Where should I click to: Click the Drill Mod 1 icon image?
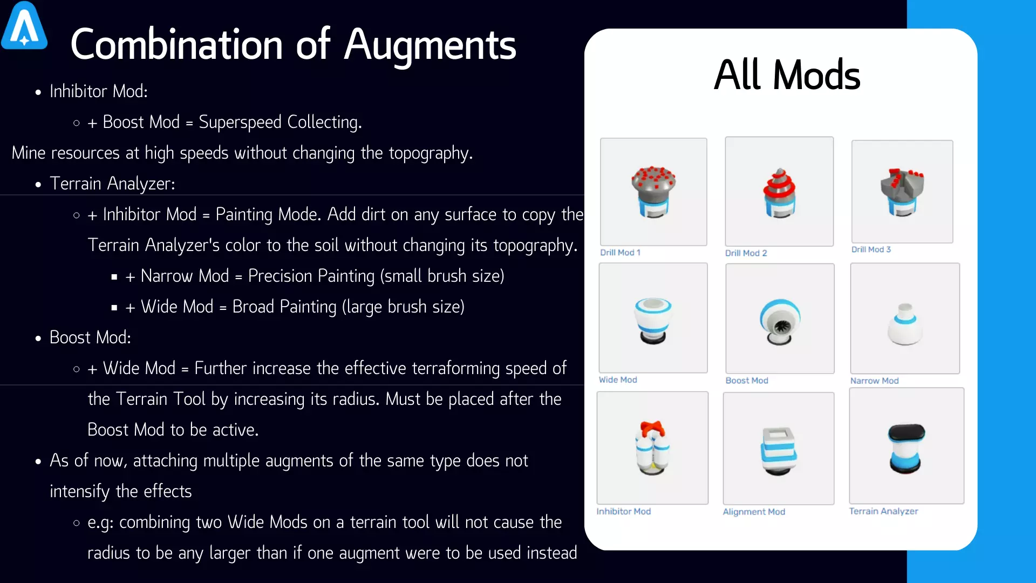click(653, 192)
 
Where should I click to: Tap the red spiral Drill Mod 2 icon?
click(779, 192)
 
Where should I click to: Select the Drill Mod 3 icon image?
click(902, 192)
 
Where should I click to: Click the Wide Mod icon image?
click(653, 318)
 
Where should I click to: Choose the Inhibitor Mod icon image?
click(652, 448)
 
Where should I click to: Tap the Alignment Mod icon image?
click(778, 449)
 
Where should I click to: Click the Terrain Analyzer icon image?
click(906, 446)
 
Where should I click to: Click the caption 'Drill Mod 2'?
click(746, 253)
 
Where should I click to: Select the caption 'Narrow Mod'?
click(875, 381)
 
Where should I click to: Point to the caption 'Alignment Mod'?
click(754, 512)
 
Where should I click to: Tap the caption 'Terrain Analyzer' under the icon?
click(883, 511)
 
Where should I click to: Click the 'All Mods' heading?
click(787, 75)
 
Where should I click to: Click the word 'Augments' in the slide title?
click(430, 45)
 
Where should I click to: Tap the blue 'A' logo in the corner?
click(24, 26)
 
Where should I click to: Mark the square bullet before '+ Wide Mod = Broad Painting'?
click(114, 308)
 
